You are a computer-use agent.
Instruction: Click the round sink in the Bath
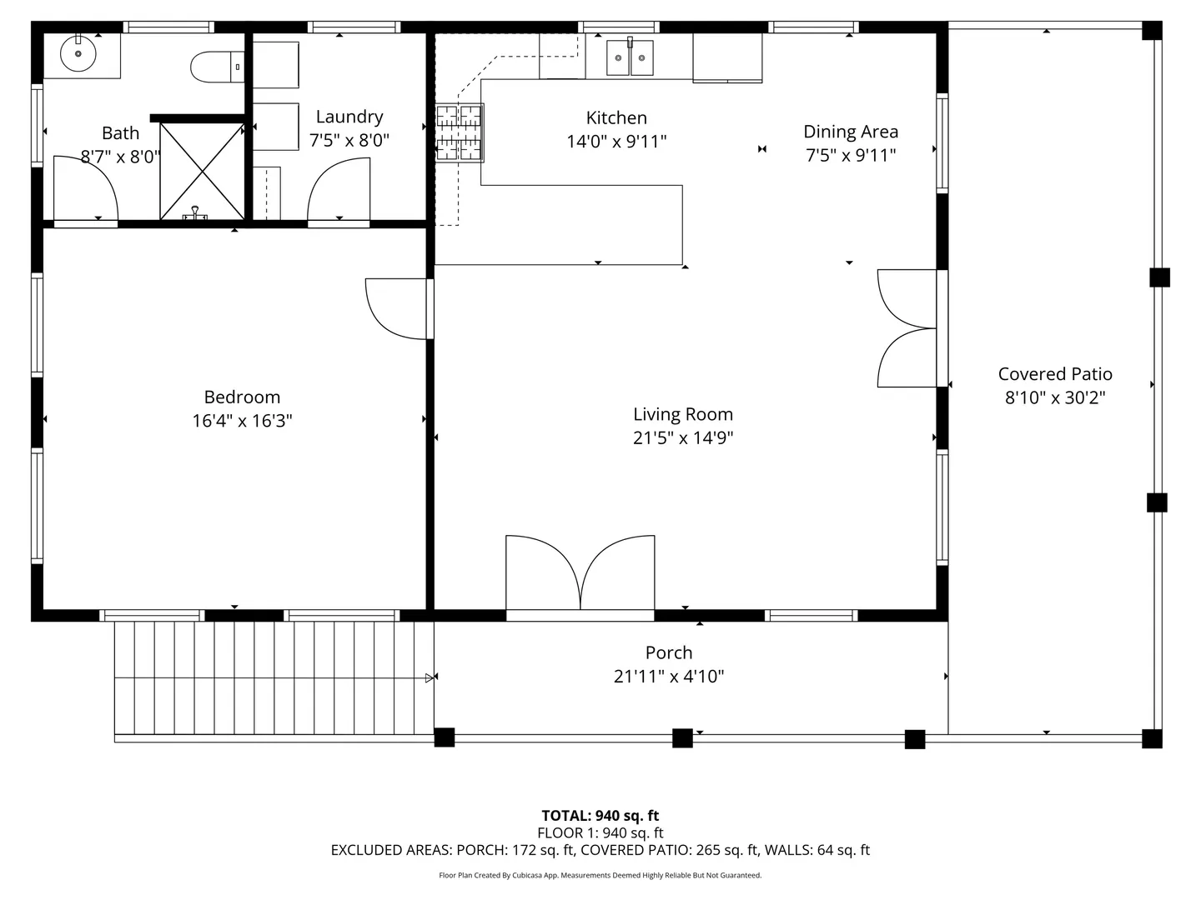(x=78, y=53)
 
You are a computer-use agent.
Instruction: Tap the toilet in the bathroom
(x=217, y=67)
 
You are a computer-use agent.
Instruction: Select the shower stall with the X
(x=202, y=172)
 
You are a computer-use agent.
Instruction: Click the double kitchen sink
(x=630, y=57)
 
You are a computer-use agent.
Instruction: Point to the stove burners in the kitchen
(x=459, y=132)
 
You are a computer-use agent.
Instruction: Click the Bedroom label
(x=242, y=397)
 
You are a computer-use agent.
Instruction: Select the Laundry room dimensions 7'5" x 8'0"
(x=349, y=141)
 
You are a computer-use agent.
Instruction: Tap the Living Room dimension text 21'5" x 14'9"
(x=683, y=437)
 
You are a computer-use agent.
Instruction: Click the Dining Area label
(x=851, y=132)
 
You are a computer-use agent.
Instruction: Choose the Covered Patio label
(x=1055, y=374)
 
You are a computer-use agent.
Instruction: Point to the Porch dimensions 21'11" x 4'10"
(x=669, y=677)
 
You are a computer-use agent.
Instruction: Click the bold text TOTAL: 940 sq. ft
(x=600, y=816)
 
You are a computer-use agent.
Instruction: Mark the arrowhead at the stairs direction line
(x=430, y=678)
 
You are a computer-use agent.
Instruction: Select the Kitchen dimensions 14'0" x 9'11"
(x=616, y=142)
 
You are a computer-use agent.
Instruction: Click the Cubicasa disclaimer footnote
(x=600, y=875)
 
